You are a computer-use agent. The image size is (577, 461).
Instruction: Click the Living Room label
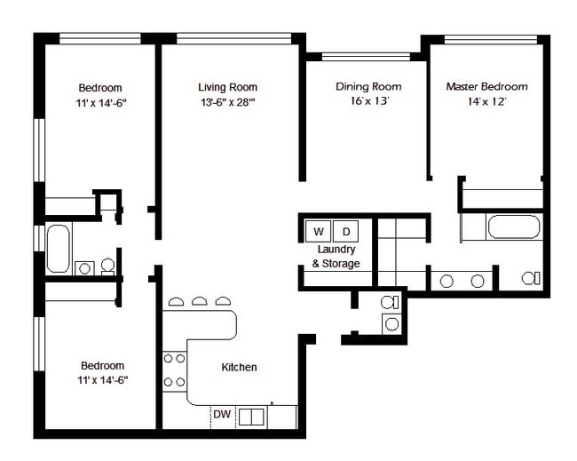click(x=227, y=87)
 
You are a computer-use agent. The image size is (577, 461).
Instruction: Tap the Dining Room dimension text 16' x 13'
click(x=370, y=100)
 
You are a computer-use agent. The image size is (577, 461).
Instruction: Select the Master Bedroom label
click(x=486, y=86)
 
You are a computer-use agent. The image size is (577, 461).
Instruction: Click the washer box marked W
click(x=319, y=231)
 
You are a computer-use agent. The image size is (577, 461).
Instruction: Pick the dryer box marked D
click(x=345, y=231)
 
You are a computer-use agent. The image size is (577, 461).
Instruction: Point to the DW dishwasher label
click(x=222, y=414)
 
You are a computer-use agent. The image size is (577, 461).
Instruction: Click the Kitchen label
click(x=239, y=367)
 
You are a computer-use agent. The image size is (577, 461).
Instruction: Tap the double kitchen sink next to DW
click(x=251, y=417)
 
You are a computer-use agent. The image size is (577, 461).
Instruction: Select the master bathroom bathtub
click(x=514, y=227)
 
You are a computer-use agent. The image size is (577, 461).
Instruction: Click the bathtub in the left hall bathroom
click(x=59, y=249)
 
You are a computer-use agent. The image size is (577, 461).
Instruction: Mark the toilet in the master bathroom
click(x=531, y=278)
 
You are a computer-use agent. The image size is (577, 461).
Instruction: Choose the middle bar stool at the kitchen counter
click(x=200, y=301)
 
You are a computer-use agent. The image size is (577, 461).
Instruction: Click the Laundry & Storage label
click(x=336, y=257)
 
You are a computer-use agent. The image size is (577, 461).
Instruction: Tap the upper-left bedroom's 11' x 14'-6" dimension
click(x=101, y=103)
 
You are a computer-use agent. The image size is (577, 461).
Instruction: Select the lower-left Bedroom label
click(x=102, y=366)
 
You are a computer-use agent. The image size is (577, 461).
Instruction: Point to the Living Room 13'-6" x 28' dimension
click(x=228, y=102)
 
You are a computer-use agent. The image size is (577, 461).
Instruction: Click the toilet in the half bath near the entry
click(x=390, y=302)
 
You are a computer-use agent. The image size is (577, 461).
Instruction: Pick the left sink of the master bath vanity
click(x=447, y=282)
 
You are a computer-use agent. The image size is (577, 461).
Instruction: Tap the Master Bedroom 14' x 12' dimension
click(x=486, y=101)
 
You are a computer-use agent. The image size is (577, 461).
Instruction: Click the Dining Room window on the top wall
click(x=366, y=57)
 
